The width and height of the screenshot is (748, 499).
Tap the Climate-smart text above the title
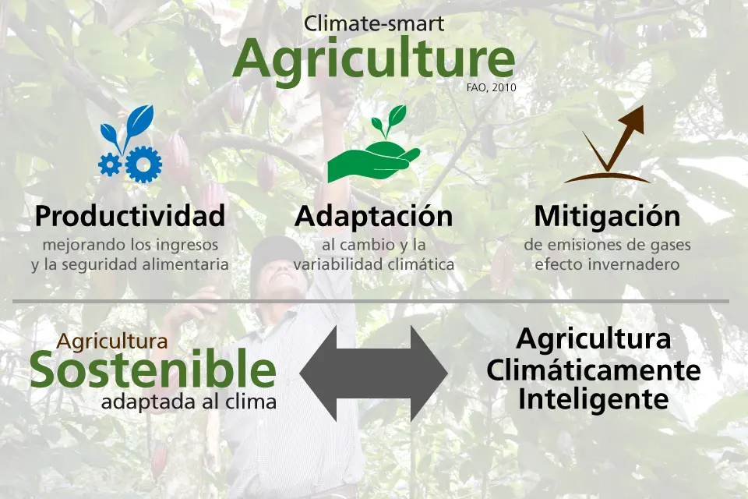click(374, 24)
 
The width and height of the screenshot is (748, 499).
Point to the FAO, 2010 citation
click(492, 88)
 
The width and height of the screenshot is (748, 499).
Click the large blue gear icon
click(143, 164)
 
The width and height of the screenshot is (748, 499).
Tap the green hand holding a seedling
click(373, 145)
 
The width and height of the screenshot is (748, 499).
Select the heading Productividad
click(130, 216)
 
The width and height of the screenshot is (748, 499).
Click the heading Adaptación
click(373, 216)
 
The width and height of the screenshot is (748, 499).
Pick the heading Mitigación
click(607, 216)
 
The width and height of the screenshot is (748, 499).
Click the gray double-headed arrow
click(373, 374)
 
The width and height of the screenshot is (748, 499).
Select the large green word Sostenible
click(153, 370)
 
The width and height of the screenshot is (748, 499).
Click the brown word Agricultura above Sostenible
click(112, 342)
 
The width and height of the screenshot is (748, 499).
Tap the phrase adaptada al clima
click(189, 402)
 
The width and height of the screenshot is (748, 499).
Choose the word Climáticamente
click(594, 370)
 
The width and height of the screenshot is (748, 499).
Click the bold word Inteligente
click(594, 399)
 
